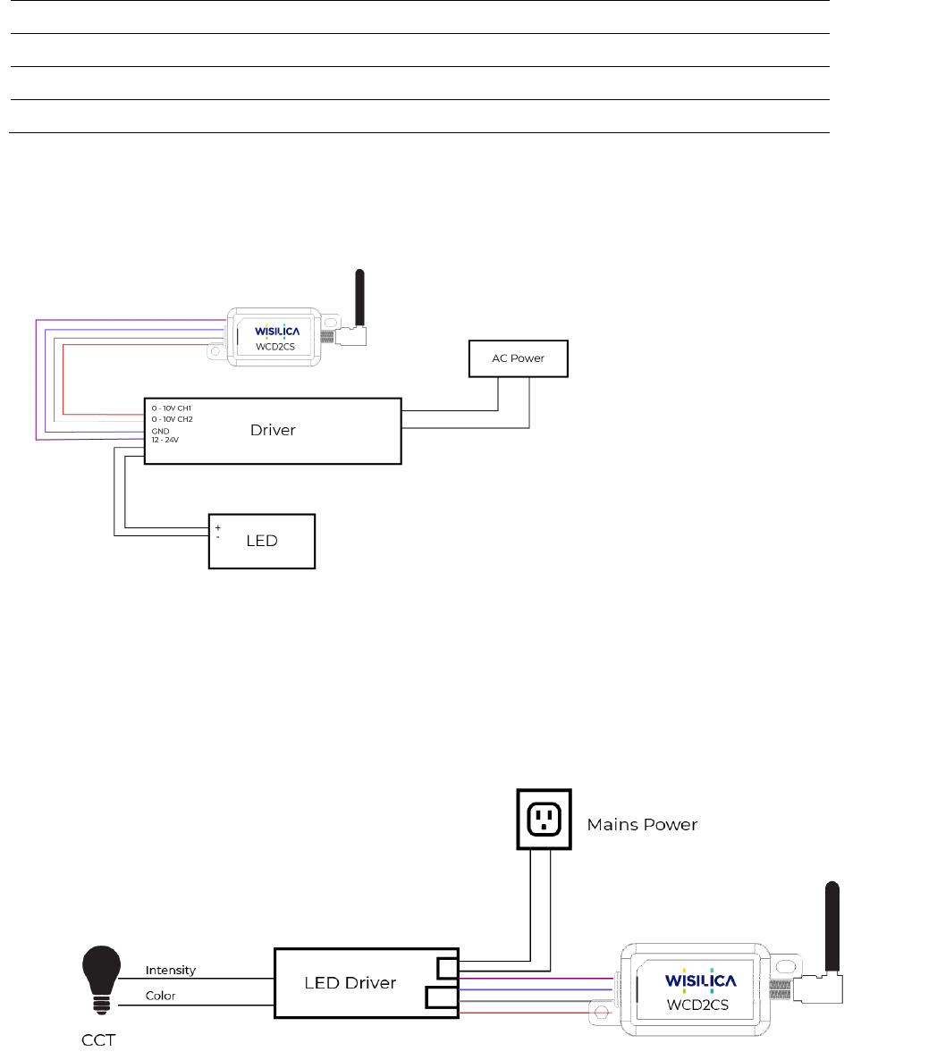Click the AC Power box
[x=519, y=358]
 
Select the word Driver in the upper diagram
[x=273, y=430]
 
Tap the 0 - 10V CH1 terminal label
[x=172, y=408]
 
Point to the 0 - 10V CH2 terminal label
[x=172, y=419]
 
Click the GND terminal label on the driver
[x=160, y=431]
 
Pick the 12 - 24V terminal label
[x=165, y=441]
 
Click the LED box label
[x=262, y=541]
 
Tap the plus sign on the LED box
[x=218, y=528]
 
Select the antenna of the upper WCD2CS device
[x=360, y=300]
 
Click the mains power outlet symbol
[x=544, y=818]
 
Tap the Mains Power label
[x=642, y=824]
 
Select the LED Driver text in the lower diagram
[x=350, y=983]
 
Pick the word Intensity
[x=171, y=970]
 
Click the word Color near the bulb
[x=160, y=996]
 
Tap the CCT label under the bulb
[x=97, y=1040]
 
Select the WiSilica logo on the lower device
[x=700, y=980]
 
